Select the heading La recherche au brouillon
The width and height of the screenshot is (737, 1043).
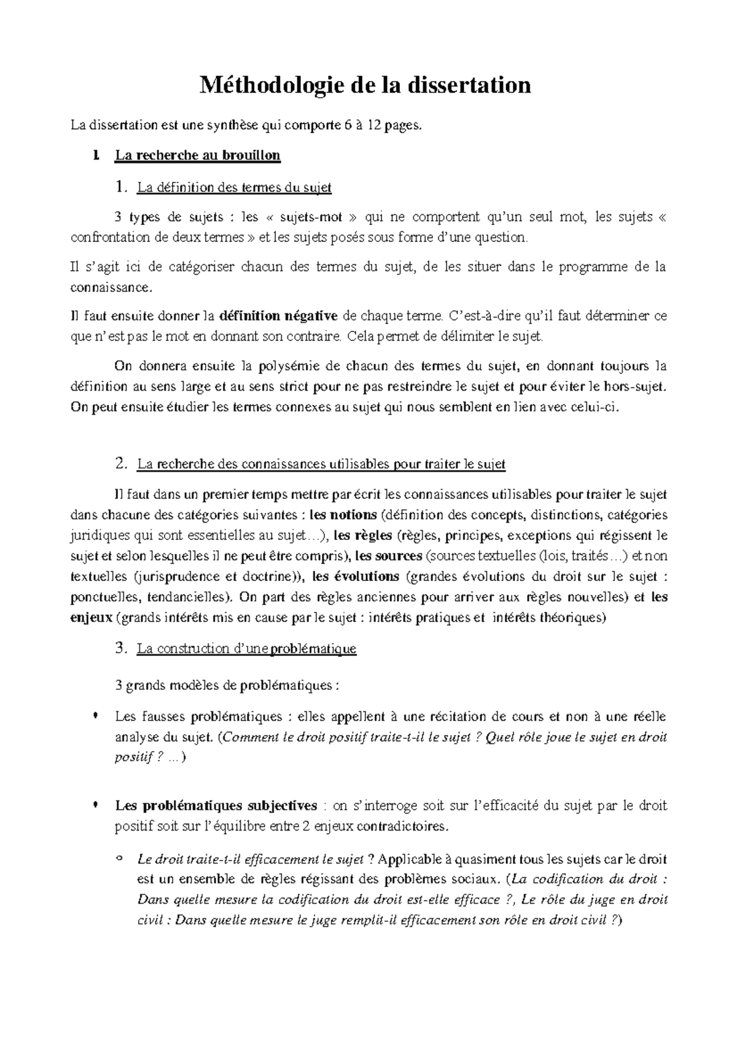click(x=197, y=156)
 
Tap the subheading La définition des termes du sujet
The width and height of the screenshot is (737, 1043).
click(x=234, y=188)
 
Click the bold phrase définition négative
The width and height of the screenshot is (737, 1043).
click(x=278, y=316)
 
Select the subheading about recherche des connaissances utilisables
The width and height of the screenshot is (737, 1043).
click(x=321, y=464)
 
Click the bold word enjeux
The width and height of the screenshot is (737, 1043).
click(x=92, y=618)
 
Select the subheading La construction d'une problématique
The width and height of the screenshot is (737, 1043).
click(x=247, y=649)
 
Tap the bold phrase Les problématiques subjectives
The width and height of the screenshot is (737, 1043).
click(x=216, y=805)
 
